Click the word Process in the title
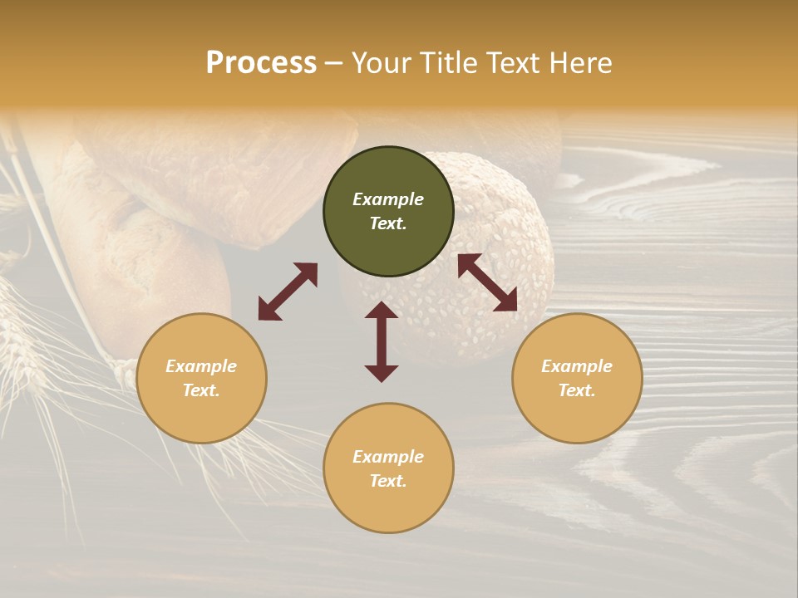click(261, 63)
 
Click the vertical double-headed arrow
click(382, 341)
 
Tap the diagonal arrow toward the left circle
click(288, 292)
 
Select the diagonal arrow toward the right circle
click(488, 282)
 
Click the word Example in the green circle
click(388, 199)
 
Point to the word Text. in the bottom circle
click(388, 481)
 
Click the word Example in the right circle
click(577, 366)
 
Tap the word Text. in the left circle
click(201, 390)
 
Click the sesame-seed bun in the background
click(499, 249)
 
